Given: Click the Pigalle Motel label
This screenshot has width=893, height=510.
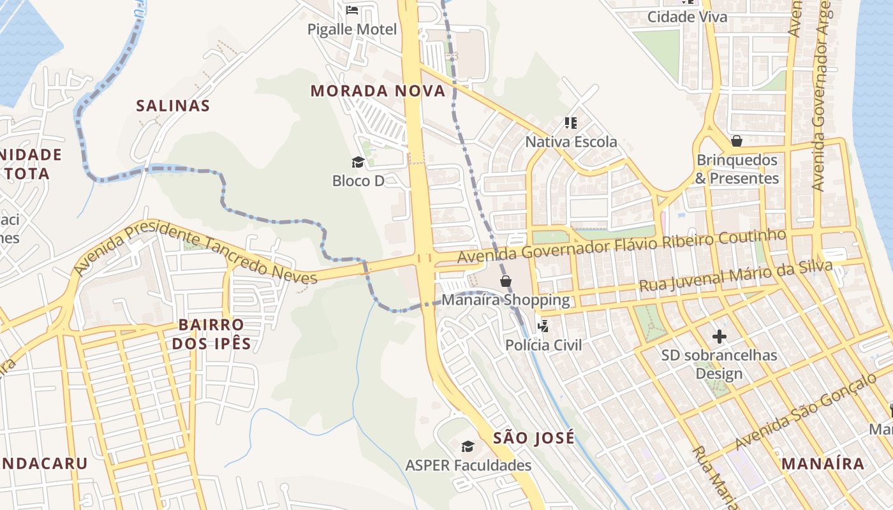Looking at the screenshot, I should click(351, 29).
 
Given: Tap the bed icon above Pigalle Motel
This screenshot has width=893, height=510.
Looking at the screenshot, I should click(351, 10).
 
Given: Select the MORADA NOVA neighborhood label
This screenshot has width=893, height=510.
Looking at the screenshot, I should click(378, 91).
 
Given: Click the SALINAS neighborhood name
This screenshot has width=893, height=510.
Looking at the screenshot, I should click(173, 106).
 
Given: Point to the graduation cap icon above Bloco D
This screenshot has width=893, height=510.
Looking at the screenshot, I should click(358, 162).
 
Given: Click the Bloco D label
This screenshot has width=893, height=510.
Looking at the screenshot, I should click(358, 181).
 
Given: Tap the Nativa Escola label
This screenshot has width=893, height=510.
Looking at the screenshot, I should click(571, 142).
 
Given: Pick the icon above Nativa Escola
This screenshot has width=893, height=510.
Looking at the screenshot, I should click(571, 122).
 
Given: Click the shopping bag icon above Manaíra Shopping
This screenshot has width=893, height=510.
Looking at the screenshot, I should click(506, 280).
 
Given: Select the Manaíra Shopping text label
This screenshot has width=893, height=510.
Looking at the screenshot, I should click(505, 300).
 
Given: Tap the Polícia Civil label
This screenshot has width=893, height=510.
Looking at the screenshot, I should click(543, 345).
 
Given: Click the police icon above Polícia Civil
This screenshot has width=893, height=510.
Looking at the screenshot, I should click(543, 326).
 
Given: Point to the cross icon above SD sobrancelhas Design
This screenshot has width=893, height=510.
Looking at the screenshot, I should click(720, 336).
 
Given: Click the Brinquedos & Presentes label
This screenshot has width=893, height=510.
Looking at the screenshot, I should click(737, 169).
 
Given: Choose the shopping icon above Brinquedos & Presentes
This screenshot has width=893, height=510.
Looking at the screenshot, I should click(737, 140).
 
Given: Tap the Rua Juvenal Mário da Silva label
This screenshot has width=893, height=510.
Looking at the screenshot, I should click(735, 275).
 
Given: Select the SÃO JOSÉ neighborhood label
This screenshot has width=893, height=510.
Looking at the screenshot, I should click(534, 438).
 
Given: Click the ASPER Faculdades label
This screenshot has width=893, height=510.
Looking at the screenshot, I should click(468, 465).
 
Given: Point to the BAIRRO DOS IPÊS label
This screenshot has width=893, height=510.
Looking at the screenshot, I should click(210, 335).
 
